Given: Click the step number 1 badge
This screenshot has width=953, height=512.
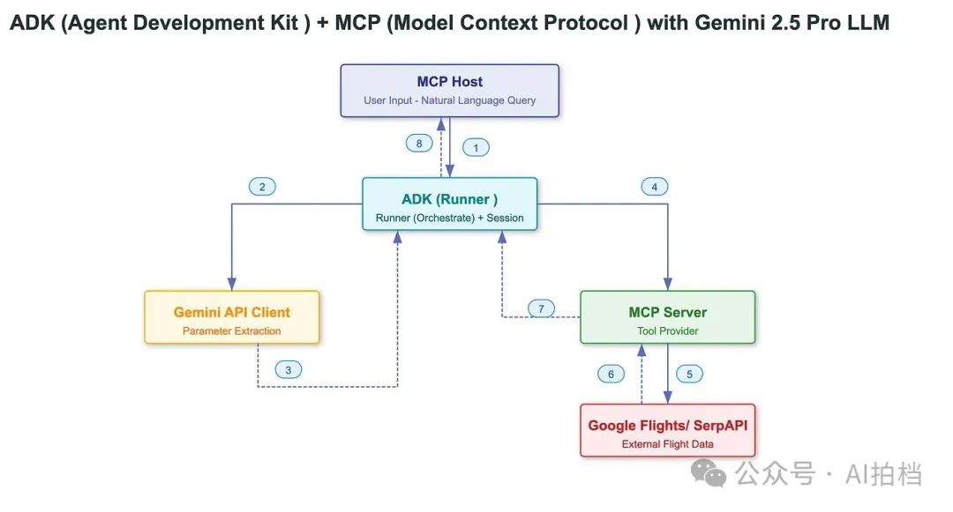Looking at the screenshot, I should pos(476,148).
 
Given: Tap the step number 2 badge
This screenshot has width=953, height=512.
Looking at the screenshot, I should pos(262,187).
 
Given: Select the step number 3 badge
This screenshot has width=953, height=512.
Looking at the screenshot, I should pos(288,370).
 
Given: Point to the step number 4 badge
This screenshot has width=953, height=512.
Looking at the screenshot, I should pos(654,187).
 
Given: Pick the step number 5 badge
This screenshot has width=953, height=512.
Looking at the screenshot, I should pos(689,374).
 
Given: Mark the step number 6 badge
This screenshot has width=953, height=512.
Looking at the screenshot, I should pos(611,374).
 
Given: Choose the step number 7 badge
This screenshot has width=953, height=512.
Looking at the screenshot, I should pos(542,308).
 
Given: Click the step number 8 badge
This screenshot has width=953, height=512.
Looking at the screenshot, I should pos(420,143).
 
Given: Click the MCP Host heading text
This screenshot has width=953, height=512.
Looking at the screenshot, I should pos(449,82).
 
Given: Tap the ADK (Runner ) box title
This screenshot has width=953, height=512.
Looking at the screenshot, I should pos(449,199).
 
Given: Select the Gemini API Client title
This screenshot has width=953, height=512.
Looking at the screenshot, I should pos(232,312).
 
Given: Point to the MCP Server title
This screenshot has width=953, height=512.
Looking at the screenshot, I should pos(667,312).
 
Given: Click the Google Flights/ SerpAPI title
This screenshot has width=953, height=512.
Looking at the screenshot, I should pos(667,425).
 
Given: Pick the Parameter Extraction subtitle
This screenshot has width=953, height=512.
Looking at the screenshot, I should pos(232,331).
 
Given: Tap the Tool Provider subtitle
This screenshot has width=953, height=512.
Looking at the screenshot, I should pos(667,331).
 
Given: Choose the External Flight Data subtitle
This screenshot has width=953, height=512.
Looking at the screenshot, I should pos(667,444).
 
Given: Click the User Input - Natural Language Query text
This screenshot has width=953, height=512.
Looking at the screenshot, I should pos(449,100).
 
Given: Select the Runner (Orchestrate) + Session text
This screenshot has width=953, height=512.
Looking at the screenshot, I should pos(449,218).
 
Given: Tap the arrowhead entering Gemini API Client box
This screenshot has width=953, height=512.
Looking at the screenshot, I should pos(232,284).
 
